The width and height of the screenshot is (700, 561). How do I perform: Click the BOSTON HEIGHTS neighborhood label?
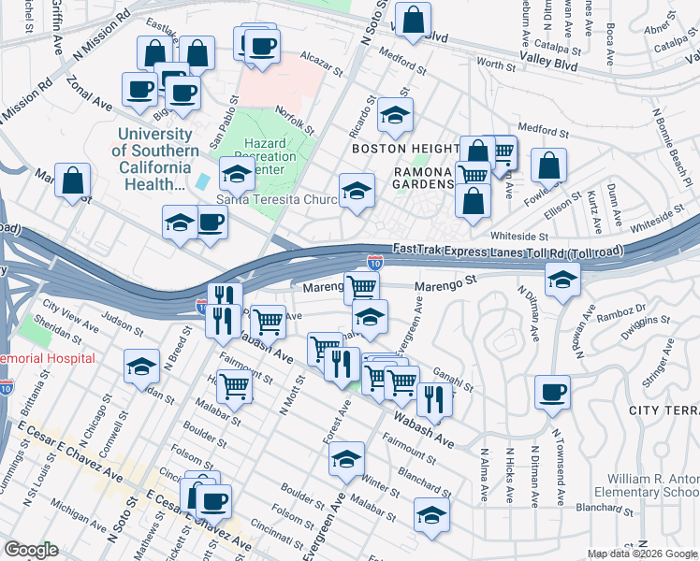tap(403, 149)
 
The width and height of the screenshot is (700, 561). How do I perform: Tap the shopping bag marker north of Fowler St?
tap(548, 165)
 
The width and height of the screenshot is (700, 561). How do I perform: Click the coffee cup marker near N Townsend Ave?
tap(552, 392)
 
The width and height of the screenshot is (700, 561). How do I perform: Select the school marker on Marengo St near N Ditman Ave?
tap(561, 280)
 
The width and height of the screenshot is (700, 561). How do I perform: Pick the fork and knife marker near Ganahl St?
tap(433, 397)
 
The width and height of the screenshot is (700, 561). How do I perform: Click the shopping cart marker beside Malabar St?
tap(234, 383)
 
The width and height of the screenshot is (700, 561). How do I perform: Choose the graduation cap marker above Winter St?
tap(345, 458)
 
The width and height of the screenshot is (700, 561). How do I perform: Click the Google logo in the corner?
tap(31, 550)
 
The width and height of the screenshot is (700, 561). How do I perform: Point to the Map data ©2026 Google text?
tap(641, 554)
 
